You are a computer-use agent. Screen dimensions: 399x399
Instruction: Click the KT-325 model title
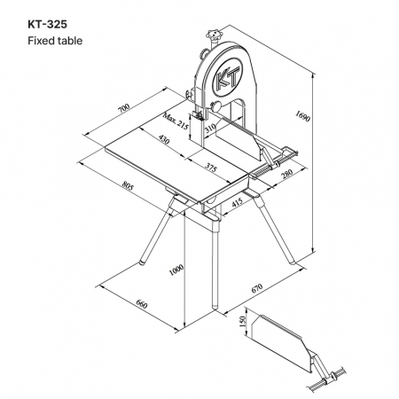pyautogui.click(x=47, y=24)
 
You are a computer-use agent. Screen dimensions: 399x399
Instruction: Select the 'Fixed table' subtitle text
pyautogui.click(x=55, y=41)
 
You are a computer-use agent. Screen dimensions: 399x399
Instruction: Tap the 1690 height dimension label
pyautogui.click(x=302, y=116)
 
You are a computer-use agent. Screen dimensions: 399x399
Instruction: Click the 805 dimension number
pyautogui.click(x=128, y=186)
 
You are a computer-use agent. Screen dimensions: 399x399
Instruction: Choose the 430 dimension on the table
pyautogui.click(x=164, y=139)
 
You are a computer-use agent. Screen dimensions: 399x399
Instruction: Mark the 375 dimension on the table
pyautogui.click(x=211, y=168)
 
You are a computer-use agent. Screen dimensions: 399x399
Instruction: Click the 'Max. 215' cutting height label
pyautogui.click(x=176, y=121)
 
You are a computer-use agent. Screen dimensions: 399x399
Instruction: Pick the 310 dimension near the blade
pyautogui.click(x=210, y=128)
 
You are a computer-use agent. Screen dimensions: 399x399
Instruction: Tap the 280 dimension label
pyautogui.click(x=286, y=174)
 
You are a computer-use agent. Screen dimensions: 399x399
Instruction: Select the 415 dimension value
pyautogui.click(x=237, y=202)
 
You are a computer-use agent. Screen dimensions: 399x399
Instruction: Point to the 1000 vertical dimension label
pyautogui.click(x=176, y=270)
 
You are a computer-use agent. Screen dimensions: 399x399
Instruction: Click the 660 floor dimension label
pyautogui.click(x=142, y=304)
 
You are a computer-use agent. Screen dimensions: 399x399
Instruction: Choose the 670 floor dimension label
pyautogui.click(x=257, y=288)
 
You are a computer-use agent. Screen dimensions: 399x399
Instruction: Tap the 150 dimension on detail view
pyautogui.click(x=242, y=321)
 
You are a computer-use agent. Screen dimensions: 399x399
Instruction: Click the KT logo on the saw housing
pyautogui.click(x=227, y=77)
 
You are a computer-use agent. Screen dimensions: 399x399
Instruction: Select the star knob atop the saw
pyautogui.click(x=214, y=35)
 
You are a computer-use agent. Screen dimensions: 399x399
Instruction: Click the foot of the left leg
pyautogui.click(x=143, y=262)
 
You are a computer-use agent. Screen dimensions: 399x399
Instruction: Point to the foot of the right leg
pyautogui.click(x=292, y=262)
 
